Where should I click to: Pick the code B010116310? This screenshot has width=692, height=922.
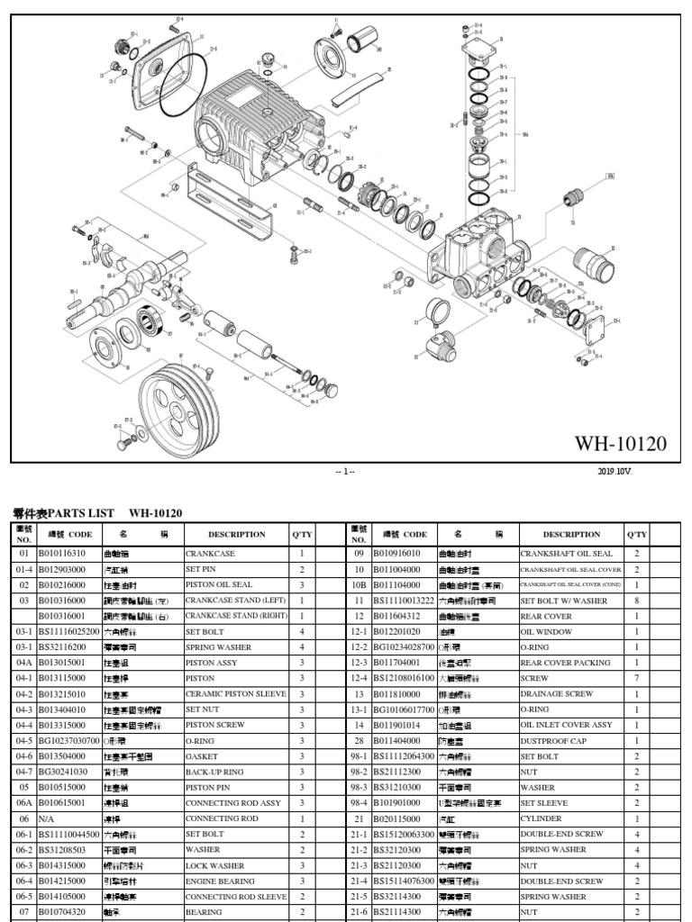[62, 554]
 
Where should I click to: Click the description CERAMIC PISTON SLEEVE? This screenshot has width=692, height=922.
[233, 694]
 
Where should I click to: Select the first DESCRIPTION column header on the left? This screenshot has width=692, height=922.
[237, 534]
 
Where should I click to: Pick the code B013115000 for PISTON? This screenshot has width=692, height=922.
[62, 679]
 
